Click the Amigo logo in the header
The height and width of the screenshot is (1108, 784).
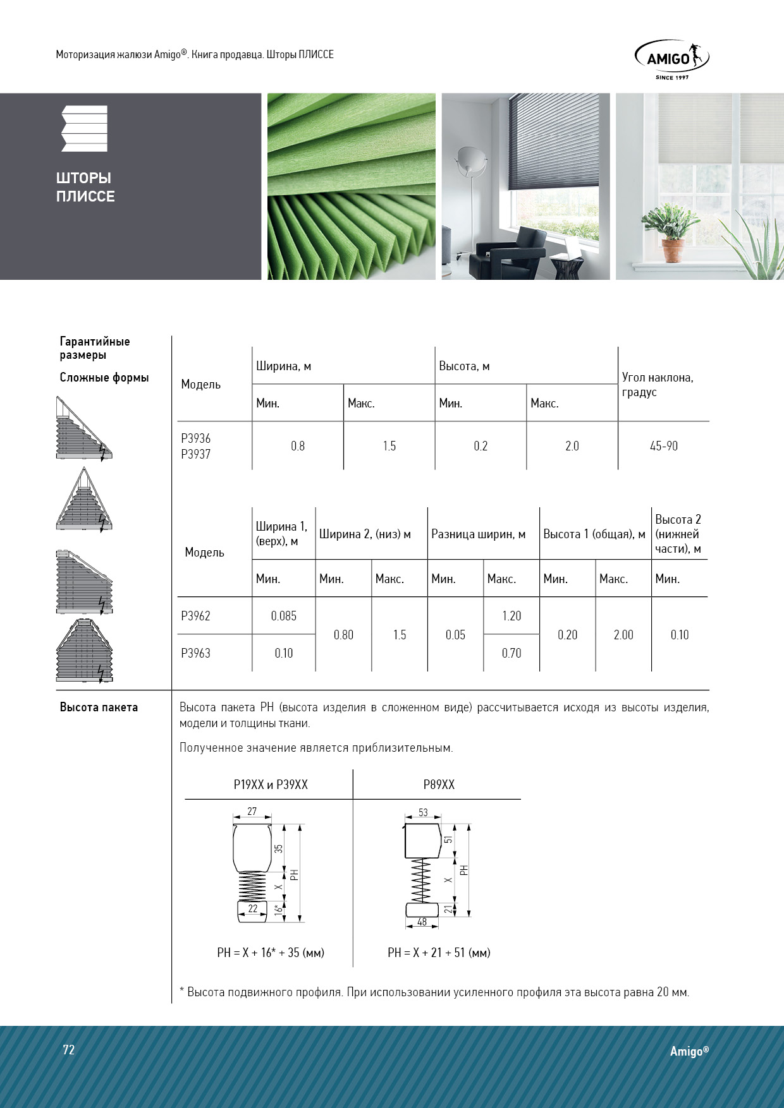point(671,59)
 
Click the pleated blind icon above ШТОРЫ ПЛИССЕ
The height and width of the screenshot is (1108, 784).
point(84,128)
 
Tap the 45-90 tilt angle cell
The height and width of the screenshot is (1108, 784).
point(663,446)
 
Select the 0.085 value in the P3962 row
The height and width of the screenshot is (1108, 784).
point(283,616)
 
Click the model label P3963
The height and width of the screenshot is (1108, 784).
point(195,653)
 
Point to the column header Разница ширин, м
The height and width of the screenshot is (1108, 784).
point(478,534)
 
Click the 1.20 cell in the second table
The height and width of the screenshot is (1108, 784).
point(511,616)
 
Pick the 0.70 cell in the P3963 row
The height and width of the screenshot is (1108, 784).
point(511,653)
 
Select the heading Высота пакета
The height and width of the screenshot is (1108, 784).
point(99,708)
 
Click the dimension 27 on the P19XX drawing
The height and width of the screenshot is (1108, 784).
point(252,812)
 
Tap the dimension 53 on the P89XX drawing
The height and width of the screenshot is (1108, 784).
point(423,812)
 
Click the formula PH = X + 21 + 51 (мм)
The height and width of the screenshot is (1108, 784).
point(439,953)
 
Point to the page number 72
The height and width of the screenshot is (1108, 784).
point(69,1050)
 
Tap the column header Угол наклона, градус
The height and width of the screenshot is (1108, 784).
point(658,385)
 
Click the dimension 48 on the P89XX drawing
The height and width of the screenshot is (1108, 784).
point(422,922)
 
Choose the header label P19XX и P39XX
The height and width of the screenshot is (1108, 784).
point(271,785)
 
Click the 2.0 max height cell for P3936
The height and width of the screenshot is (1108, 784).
point(572,446)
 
